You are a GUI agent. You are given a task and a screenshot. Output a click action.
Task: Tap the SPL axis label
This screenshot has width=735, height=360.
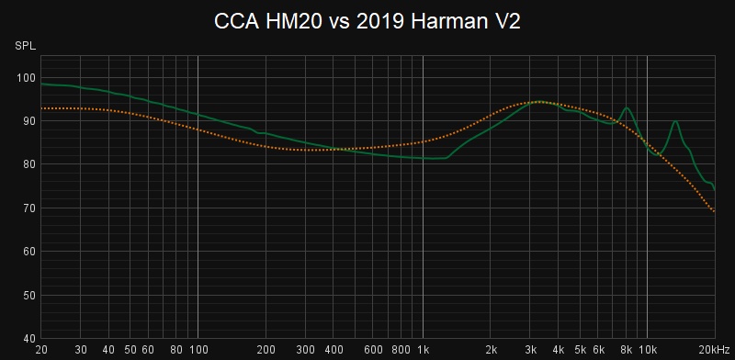[x=23, y=45]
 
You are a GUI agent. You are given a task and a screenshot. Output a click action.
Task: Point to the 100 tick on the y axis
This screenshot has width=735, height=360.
[x=27, y=77]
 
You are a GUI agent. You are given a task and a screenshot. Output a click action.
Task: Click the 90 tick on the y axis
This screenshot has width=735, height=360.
[x=28, y=121]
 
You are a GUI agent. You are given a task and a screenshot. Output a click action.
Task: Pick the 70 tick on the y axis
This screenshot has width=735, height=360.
[x=28, y=208]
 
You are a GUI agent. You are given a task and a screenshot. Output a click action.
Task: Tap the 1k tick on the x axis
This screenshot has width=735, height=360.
[x=423, y=350]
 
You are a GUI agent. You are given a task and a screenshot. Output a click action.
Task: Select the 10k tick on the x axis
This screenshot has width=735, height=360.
[x=648, y=350]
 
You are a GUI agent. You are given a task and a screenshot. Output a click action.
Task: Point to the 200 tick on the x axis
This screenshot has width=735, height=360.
[x=266, y=350]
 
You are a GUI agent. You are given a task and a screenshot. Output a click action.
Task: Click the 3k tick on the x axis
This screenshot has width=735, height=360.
[x=530, y=350]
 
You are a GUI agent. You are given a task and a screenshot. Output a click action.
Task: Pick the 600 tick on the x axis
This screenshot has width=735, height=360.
[x=373, y=350]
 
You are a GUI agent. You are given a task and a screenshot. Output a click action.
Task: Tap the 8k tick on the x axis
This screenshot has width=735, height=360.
[x=626, y=350]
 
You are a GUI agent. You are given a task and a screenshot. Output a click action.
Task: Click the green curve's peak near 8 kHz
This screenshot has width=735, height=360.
[x=627, y=108]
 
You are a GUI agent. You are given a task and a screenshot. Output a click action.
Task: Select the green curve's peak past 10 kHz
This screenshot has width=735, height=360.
[x=675, y=120]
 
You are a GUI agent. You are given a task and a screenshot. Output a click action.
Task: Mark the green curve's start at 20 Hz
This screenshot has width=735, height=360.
[x=42, y=84]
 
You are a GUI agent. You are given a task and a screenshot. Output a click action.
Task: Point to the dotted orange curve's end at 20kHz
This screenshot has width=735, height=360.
[x=715, y=211]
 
